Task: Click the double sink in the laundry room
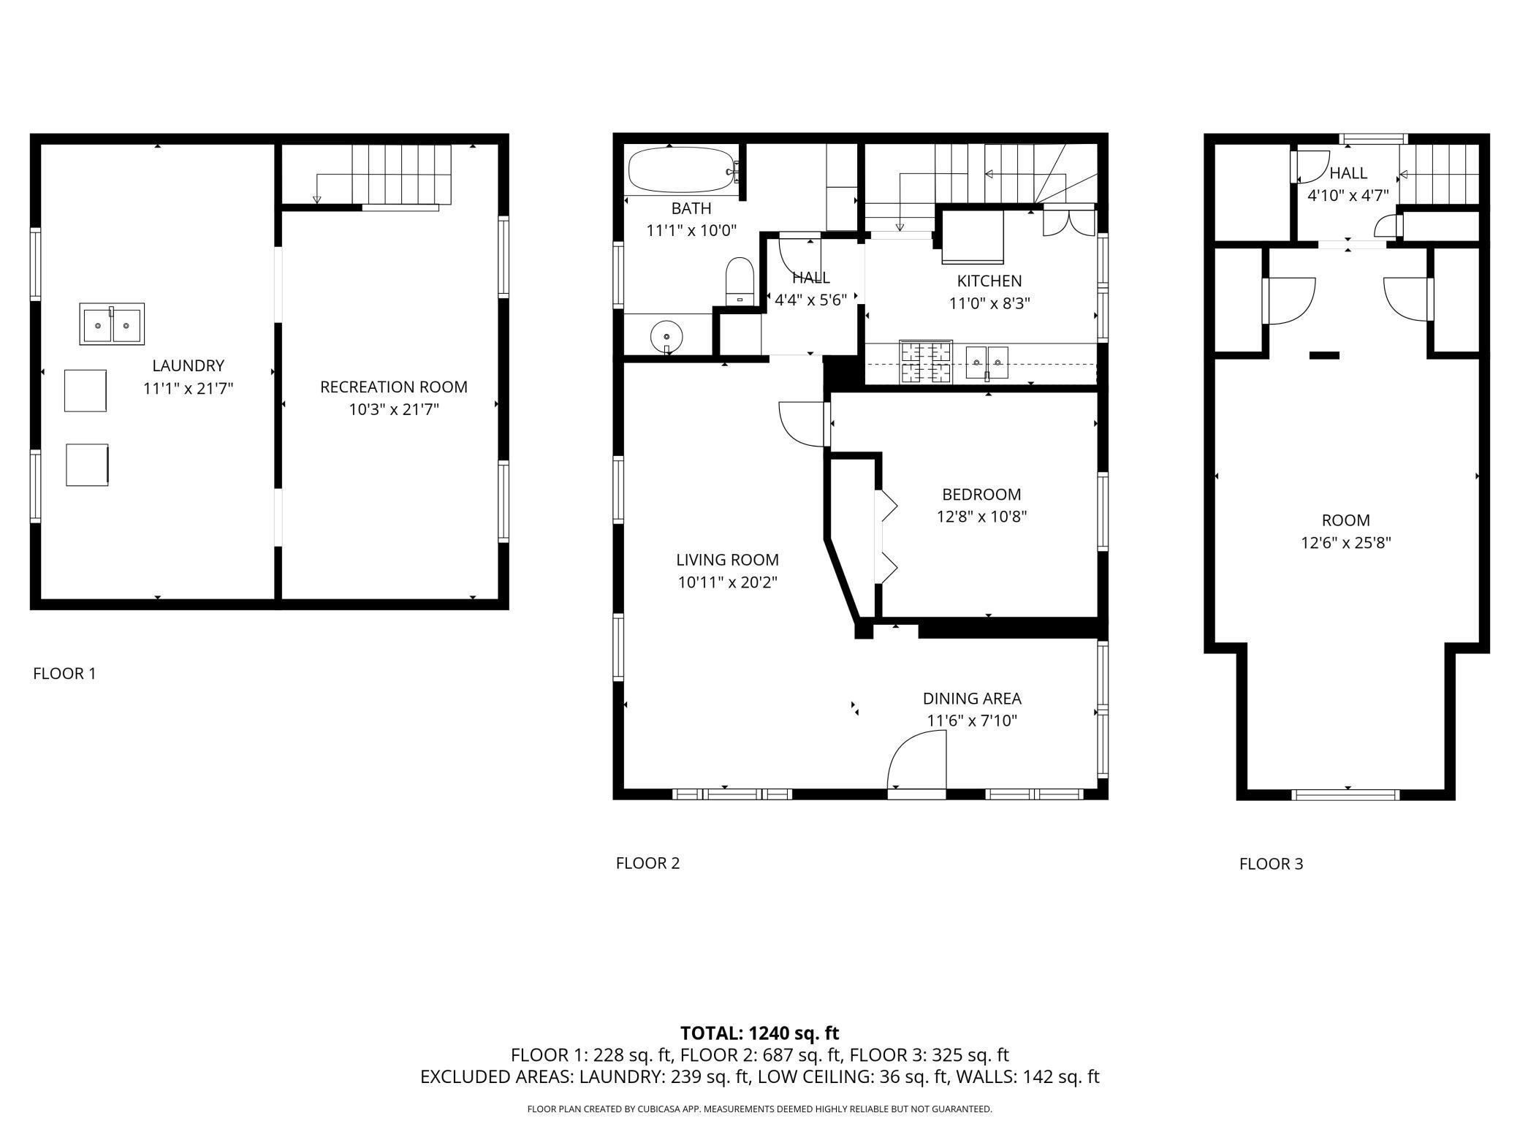[x=112, y=324]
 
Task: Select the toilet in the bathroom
[x=740, y=281]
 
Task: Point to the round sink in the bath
[x=666, y=338]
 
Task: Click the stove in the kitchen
[x=927, y=362]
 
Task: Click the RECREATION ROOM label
[x=394, y=387]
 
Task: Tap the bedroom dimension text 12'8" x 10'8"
[x=982, y=517]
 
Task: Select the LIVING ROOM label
[x=727, y=560]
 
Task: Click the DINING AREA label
[x=972, y=698]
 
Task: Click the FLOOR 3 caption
[x=1271, y=864]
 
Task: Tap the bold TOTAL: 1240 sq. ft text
[x=759, y=1033]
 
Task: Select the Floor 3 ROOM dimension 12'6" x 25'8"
[x=1345, y=543]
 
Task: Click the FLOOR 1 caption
[x=64, y=673]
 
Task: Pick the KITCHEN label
[x=989, y=281]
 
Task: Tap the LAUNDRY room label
[x=188, y=365]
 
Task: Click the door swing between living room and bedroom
[x=802, y=423]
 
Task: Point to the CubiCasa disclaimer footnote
[x=760, y=1109]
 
